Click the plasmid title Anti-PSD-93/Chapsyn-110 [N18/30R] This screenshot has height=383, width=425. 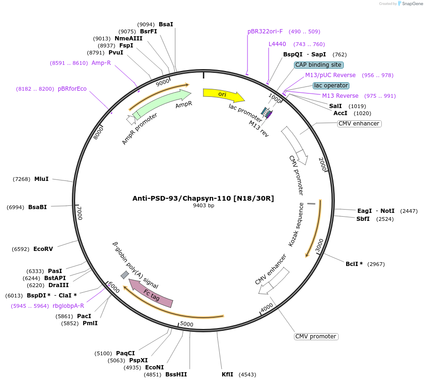(203, 198)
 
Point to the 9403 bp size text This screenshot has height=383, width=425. (203, 206)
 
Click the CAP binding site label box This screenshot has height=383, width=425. (319, 65)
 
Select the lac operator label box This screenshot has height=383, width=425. (331, 86)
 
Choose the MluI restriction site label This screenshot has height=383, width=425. (41, 179)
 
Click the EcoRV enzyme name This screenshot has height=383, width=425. (43, 249)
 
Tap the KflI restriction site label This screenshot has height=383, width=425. (227, 375)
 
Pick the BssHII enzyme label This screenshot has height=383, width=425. (176, 375)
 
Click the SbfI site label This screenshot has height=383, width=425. (363, 219)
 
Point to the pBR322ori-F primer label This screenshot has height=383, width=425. (265, 31)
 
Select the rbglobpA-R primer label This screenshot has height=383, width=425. (69, 306)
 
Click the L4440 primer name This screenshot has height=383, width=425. (277, 44)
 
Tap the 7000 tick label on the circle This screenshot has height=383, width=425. (80, 213)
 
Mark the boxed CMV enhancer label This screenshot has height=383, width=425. (359, 124)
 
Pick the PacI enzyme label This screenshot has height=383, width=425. (84, 316)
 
